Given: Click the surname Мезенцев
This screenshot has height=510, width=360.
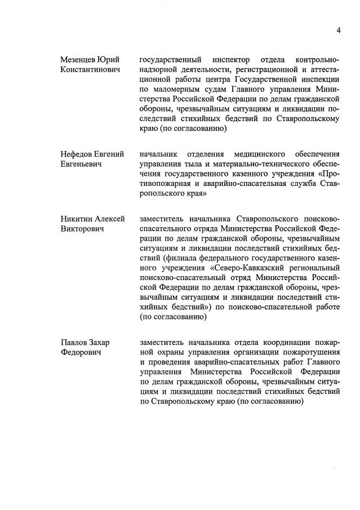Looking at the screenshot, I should [x=78, y=60].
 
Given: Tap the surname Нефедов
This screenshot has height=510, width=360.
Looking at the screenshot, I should [x=78, y=154].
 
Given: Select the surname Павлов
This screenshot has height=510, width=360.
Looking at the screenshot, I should [x=75, y=343].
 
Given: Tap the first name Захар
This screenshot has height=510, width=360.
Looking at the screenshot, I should [x=106, y=343].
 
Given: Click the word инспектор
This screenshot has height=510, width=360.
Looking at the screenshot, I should [x=230, y=60].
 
